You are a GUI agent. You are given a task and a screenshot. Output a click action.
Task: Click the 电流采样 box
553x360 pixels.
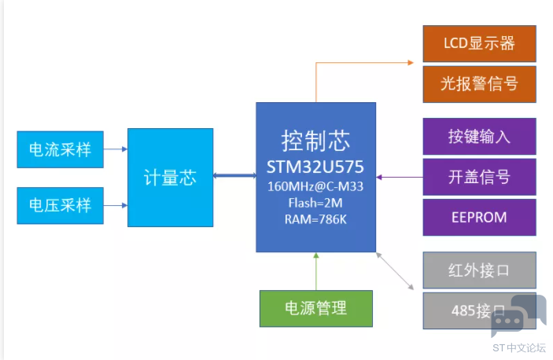[x=60, y=149]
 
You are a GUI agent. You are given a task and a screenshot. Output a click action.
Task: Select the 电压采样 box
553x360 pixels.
[x=60, y=206]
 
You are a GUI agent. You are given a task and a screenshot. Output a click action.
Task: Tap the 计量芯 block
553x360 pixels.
[x=170, y=178]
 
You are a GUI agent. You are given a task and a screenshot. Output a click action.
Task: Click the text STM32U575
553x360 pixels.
[x=315, y=168]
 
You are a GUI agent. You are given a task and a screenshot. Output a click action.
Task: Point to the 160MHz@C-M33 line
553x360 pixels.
[x=315, y=188]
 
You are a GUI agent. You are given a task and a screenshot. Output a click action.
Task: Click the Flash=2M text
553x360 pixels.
[x=315, y=204]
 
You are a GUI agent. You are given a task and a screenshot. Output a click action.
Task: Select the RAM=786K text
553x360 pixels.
[x=315, y=219]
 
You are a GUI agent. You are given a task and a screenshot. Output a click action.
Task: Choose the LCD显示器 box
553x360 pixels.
[x=479, y=43]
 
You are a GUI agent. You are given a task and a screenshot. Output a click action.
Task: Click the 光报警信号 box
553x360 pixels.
[x=479, y=84]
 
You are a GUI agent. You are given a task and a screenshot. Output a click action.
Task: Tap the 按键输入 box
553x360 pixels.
[x=479, y=136]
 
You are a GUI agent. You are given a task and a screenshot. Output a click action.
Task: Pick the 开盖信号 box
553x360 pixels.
[x=479, y=177]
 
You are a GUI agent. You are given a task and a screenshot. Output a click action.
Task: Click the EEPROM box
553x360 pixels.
[x=479, y=217]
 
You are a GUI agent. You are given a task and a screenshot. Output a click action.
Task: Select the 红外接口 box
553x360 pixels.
[x=479, y=270]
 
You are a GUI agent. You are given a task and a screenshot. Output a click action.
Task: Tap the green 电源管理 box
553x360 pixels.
[x=315, y=308]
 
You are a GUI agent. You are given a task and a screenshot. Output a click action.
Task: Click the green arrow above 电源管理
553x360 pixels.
[x=315, y=271]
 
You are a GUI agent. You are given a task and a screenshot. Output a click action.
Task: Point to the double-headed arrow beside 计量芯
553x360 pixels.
[x=234, y=177]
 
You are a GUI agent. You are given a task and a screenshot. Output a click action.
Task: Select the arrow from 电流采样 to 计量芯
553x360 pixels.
[x=115, y=149]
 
